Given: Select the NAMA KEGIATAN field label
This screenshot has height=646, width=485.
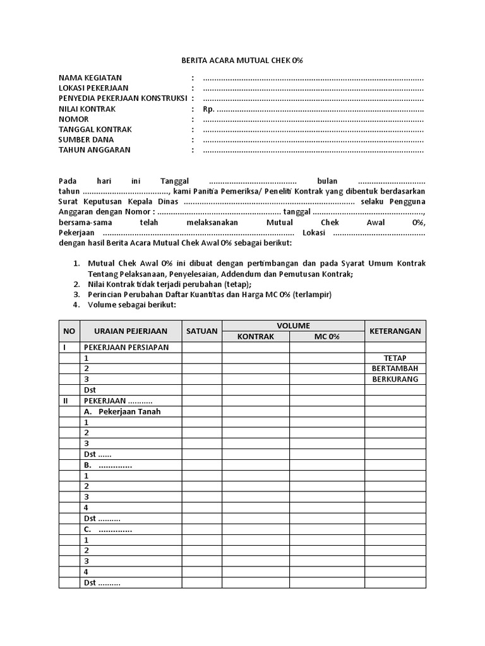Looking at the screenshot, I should [90, 78].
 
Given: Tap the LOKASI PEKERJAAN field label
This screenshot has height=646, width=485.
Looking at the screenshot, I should [93, 88].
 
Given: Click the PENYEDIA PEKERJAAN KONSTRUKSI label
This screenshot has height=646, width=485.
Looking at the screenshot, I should [123, 98].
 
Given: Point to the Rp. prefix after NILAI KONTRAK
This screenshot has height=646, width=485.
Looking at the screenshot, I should [208, 109].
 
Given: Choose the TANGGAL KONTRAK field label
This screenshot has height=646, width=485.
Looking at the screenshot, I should [95, 129].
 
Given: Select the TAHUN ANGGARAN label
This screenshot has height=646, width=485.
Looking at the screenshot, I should [94, 150].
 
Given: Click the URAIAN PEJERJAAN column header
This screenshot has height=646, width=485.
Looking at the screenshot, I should [131, 331].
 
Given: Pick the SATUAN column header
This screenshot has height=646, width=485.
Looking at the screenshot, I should [201, 331].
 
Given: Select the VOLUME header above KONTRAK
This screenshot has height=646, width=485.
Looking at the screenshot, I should [293, 326].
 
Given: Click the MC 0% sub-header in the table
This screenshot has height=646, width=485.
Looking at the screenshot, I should [327, 337].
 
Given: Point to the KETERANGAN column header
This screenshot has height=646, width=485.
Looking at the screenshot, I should [395, 331].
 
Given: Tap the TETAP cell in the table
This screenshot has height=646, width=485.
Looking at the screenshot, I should [395, 358].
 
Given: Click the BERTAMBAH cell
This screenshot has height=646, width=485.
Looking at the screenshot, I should [395, 368].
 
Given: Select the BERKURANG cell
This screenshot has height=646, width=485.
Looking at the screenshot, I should [395, 379].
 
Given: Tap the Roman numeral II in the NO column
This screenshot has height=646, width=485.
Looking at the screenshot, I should [65, 401].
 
